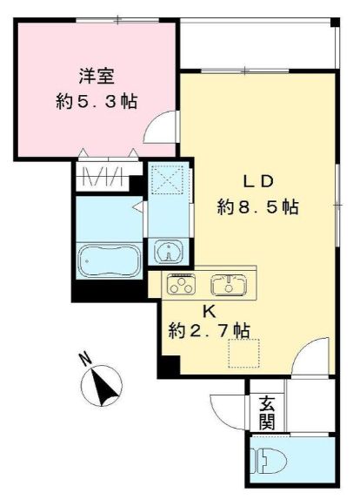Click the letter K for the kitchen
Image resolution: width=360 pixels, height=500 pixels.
(x=208, y=310)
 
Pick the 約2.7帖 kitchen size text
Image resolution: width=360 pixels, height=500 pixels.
(x=209, y=330)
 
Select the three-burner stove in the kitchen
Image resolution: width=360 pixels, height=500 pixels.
(x=182, y=283)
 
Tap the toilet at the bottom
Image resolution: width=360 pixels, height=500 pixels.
(x=263, y=460)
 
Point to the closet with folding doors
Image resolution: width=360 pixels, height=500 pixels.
(x=109, y=176)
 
